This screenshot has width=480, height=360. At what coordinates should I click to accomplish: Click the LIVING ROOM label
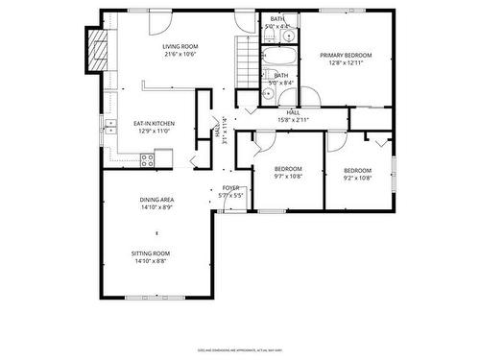click(x=180, y=46)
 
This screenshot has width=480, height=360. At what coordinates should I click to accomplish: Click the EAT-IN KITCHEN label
click(x=154, y=124)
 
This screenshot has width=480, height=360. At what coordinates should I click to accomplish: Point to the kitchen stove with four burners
click(x=149, y=161)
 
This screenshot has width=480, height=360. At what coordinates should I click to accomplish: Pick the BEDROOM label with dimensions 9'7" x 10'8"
click(x=288, y=169)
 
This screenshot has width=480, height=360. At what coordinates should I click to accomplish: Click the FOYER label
click(x=231, y=187)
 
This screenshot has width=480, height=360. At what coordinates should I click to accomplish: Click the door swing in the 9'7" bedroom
click(x=256, y=144)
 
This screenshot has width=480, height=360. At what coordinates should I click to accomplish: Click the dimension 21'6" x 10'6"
click(x=180, y=54)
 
